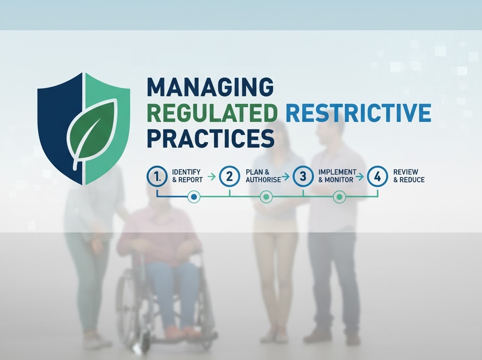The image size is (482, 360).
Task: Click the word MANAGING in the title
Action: [210, 88]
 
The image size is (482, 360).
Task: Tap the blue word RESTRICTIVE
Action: [358, 113]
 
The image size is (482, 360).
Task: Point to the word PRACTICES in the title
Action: [210, 138]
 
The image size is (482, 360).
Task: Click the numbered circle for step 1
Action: [157, 176]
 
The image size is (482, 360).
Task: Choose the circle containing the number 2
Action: [230, 176]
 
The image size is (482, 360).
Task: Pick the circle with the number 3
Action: [303, 176]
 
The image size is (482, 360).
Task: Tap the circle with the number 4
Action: [378, 176]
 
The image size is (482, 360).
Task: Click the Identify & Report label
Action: [187, 176]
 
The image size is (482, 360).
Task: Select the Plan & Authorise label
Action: [263, 176]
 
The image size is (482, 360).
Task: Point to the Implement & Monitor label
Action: [337, 176]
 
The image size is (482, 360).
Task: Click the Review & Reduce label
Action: [409, 176]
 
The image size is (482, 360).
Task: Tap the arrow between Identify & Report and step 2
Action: [211, 176]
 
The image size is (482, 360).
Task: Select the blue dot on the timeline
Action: [193, 197]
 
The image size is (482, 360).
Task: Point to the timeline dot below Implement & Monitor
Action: [339, 197]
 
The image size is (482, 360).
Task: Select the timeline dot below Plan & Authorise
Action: [266, 197]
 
